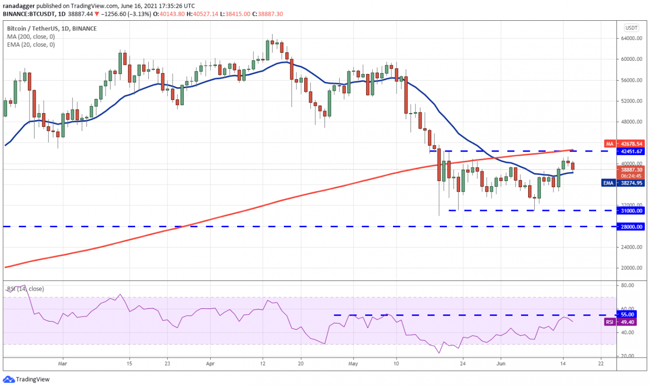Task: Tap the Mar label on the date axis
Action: [62, 364]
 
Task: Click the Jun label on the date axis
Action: [500, 364]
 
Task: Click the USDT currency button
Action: [631, 28]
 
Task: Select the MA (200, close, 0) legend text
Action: [31, 37]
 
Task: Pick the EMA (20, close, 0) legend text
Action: [31, 45]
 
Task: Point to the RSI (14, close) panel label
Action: [25, 289]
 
